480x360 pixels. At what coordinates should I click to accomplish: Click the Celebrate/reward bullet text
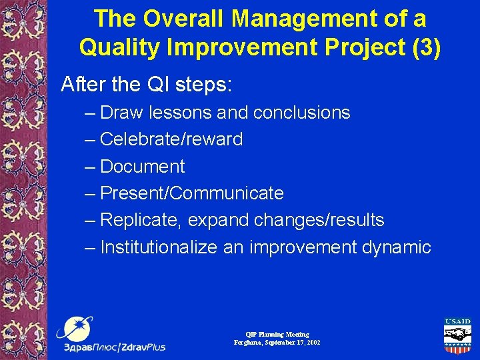click(171, 139)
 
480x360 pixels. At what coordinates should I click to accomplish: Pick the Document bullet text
click(142, 167)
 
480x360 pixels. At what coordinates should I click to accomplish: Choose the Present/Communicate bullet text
click(191, 193)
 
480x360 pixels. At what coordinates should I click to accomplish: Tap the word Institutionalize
click(159, 247)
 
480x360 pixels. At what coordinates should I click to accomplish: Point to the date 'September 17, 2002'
click(288, 342)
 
